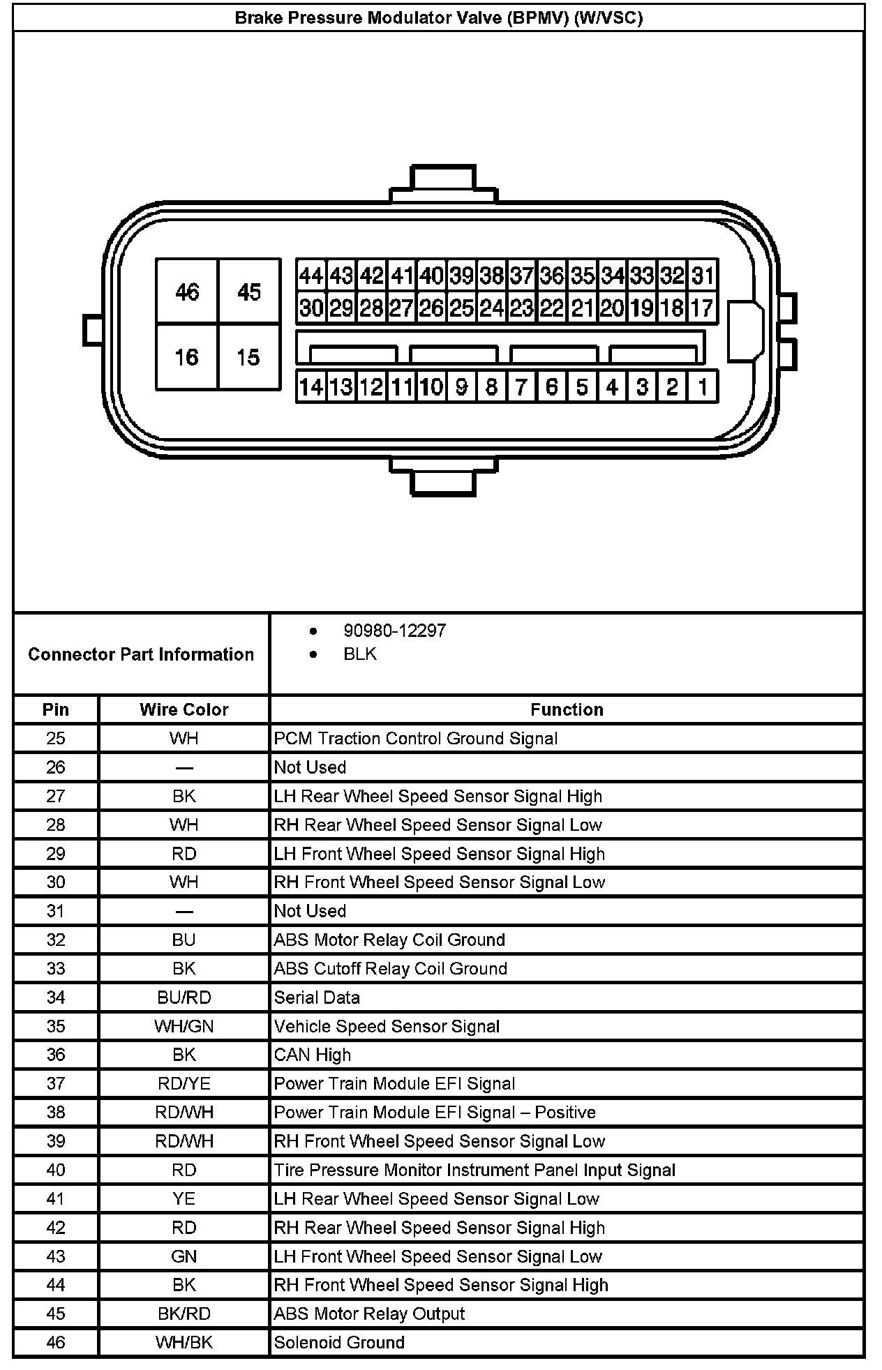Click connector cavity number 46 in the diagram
(x=187, y=292)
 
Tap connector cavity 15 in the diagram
(x=248, y=357)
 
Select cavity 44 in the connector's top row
(x=311, y=276)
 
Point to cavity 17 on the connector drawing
(x=702, y=308)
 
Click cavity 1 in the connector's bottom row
(x=702, y=386)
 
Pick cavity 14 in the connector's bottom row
(x=311, y=386)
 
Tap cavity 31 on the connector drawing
(x=702, y=276)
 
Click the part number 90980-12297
(x=394, y=631)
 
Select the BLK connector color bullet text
(x=360, y=654)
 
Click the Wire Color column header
(x=184, y=709)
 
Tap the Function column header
(x=567, y=709)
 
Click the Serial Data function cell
(x=317, y=998)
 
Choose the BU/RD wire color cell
(x=184, y=998)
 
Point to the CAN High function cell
(x=313, y=1055)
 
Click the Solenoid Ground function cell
(x=339, y=1342)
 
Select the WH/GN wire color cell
(x=184, y=1026)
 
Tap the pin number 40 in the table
(x=56, y=1170)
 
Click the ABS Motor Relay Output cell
(x=369, y=1313)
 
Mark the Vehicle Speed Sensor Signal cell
(x=387, y=1026)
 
